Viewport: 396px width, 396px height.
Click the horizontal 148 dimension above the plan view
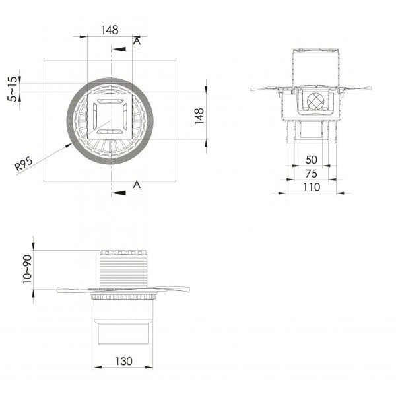click(x=110, y=30)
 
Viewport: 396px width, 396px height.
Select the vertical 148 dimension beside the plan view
click(x=199, y=116)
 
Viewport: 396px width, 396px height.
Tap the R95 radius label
click(x=24, y=164)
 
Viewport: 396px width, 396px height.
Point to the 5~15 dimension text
click(x=13, y=89)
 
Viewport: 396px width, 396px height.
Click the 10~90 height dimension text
click(x=27, y=269)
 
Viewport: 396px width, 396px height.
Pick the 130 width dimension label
click(x=124, y=362)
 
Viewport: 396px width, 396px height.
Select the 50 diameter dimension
click(x=311, y=160)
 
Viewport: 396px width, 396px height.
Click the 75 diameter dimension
click(x=311, y=174)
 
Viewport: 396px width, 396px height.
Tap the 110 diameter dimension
click(x=312, y=187)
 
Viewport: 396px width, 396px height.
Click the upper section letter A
click(x=137, y=41)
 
